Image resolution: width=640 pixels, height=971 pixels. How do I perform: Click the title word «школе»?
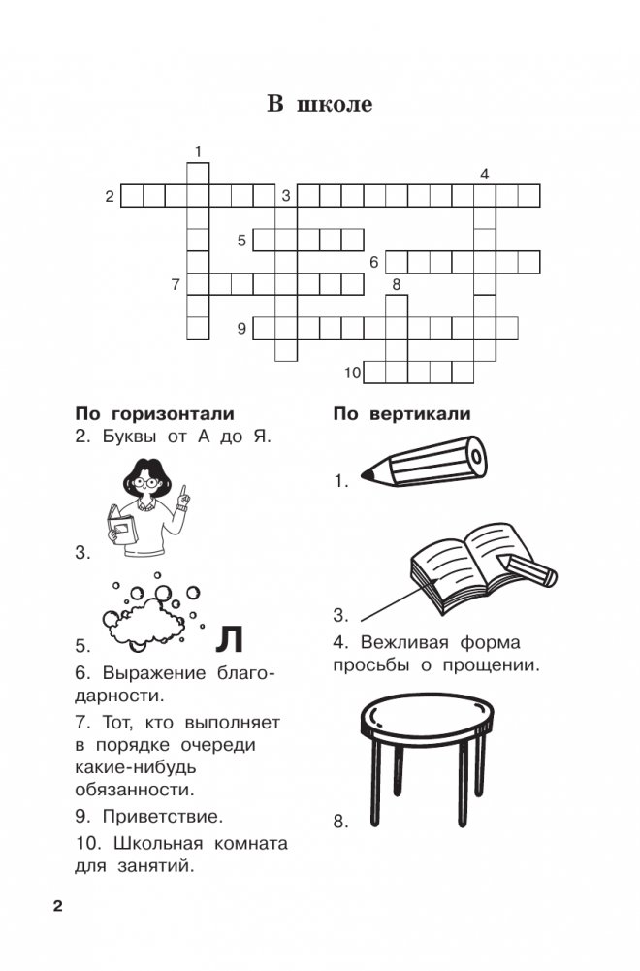pyautogui.click(x=335, y=103)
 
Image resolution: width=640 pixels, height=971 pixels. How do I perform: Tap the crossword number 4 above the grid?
pyautogui.click(x=485, y=174)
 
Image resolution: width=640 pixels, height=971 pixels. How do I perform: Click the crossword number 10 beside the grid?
pyautogui.click(x=352, y=372)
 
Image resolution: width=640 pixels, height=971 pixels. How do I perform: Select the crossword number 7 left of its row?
pyautogui.click(x=176, y=284)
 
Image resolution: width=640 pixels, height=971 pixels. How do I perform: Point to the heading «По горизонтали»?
pyautogui.click(x=155, y=413)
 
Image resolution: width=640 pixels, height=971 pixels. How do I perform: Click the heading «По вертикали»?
pyautogui.click(x=401, y=413)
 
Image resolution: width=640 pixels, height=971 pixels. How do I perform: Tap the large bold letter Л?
pyautogui.click(x=230, y=639)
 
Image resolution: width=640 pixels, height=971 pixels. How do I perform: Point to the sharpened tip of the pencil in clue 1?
pyautogui.click(x=366, y=475)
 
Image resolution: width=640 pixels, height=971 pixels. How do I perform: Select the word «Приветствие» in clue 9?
pyautogui.click(x=162, y=816)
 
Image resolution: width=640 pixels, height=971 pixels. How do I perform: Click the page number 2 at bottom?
pyautogui.click(x=57, y=907)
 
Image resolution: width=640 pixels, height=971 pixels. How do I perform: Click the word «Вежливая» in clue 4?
pyautogui.click(x=404, y=642)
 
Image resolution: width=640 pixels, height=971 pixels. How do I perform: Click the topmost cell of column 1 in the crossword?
pyautogui.click(x=198, y=174)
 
